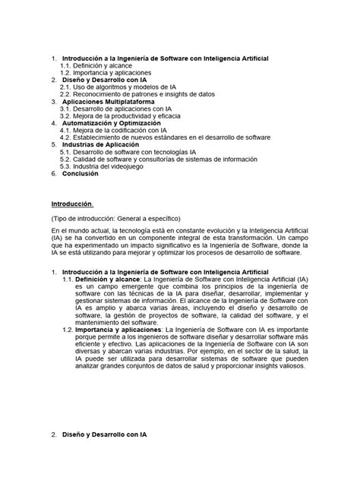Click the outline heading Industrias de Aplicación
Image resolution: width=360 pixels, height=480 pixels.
coord(103,144)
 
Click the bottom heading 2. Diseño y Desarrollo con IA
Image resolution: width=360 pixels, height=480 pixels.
coord(98,436)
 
